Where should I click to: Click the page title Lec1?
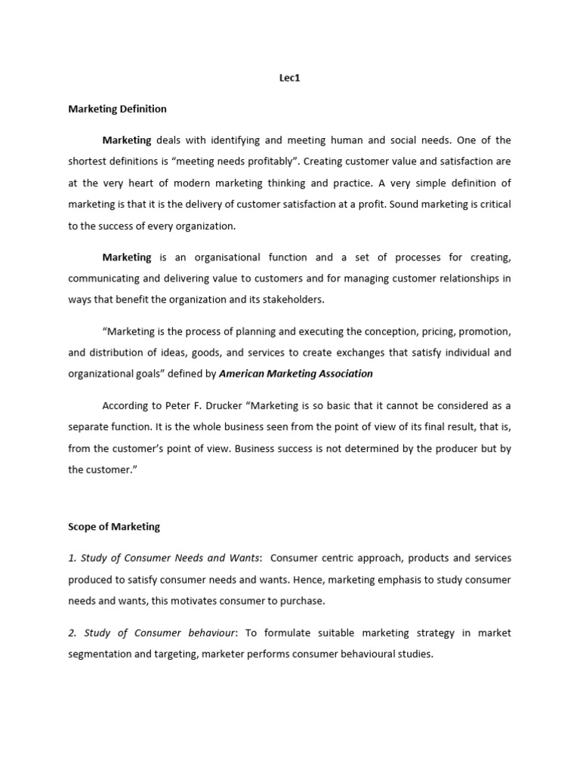(x=290, y=78)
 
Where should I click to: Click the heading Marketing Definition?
(x=117, y=109)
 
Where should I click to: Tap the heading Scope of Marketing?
(x=114, y=527)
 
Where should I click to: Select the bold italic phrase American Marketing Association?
(x=296, y=373)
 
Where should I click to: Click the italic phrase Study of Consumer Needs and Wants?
(x=164, y=558)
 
